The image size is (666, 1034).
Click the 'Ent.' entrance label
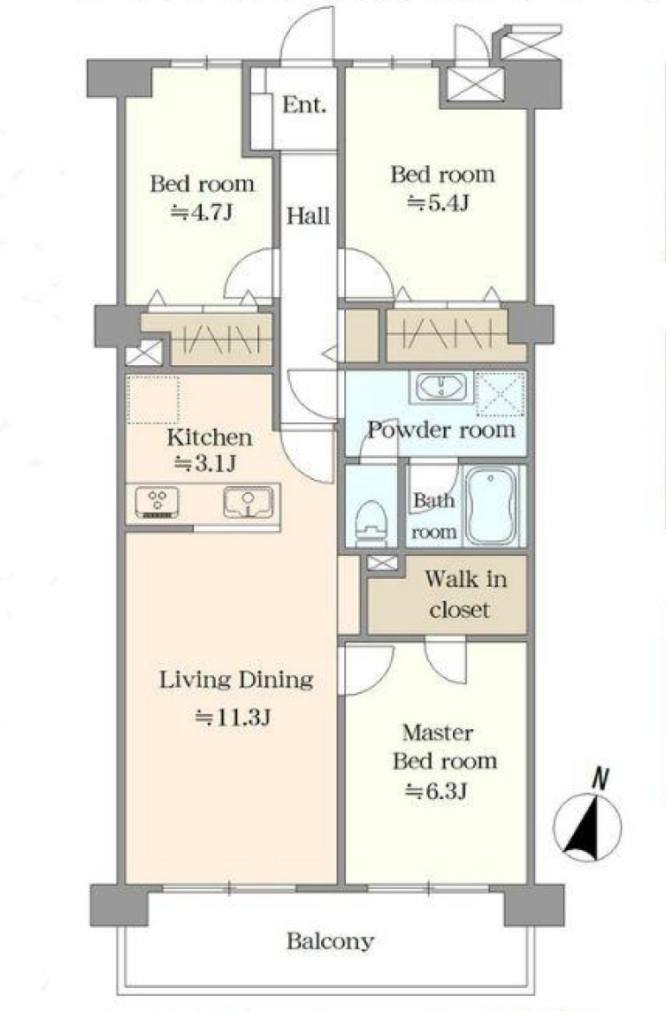point(304,105)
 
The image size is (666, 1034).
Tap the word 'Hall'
point(309,216)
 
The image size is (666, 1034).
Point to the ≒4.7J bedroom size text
point(202,212)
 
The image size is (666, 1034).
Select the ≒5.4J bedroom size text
point(439,202)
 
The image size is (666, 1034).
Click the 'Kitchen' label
point(210,437)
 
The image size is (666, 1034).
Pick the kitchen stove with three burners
point(157,503)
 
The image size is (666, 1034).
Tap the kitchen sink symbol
point(249,503)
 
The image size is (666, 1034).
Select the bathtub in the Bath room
point(491,506)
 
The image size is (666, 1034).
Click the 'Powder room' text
point(441,430)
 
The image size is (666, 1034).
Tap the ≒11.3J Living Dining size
point(233,717)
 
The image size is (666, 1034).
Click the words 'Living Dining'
point(236,680)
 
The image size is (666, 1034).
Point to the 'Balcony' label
point(330,941)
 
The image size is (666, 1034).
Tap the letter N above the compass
point(600,779)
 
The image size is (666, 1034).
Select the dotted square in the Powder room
point(501,393)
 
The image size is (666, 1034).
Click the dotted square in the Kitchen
point(153,399)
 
